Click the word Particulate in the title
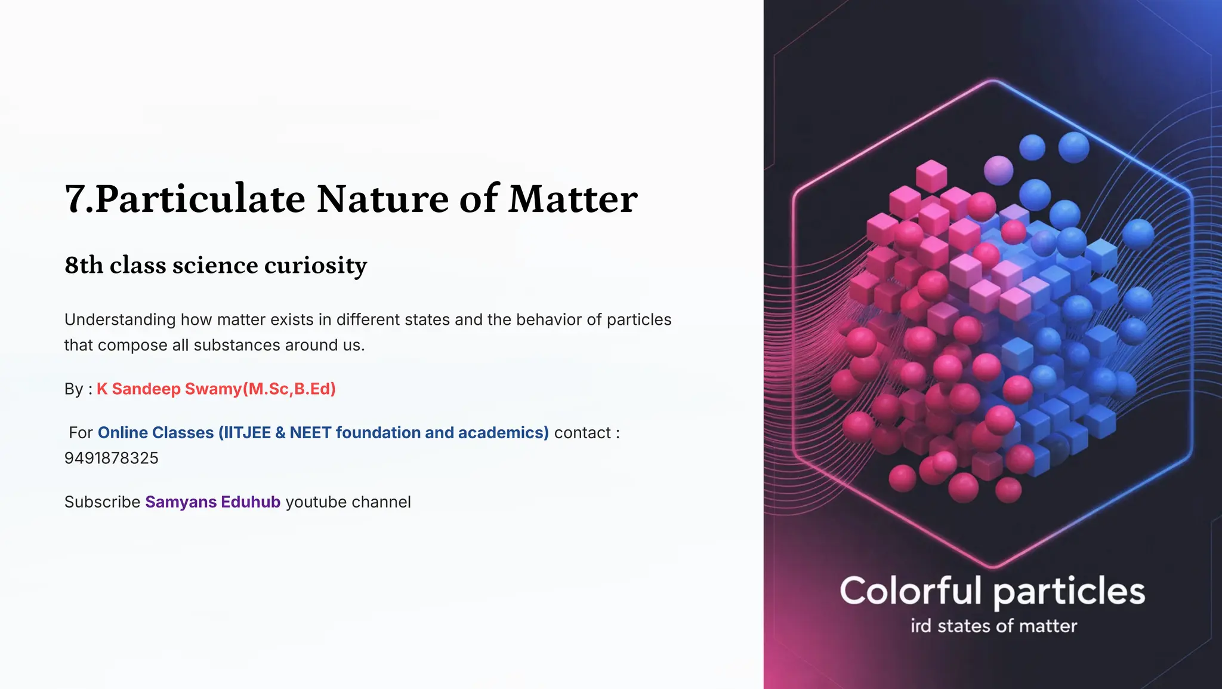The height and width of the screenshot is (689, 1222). pyautogui.click(x=199, y=199)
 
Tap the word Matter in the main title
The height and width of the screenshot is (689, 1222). pyautogui.click(x=573, y=199)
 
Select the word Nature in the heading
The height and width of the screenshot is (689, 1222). pyautogui.click(x=382, y=199)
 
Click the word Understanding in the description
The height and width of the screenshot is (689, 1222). pyautogui.click(x=120, y=320)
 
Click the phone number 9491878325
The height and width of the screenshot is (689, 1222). pyautogui.click(x=112, y=458)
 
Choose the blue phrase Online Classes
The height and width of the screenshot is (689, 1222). pyautogui.click(x=156, y=432)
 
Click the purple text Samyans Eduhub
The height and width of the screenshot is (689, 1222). pyautogui.click(x=212, y=502)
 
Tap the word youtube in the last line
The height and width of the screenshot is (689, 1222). pyautogui.click(x=316, y=502)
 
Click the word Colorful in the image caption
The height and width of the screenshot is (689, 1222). pyautogui.click(x=910, y=590)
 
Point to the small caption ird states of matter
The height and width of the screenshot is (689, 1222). pyautogui.click(x=993, y=626)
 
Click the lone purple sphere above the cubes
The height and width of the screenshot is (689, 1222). pyautogui.click(x=998, y=170)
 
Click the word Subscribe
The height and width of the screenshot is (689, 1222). pyautogui.click(x=102, y=502)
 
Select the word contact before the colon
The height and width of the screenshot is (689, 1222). pyautogui.click(x=582, y=432)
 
